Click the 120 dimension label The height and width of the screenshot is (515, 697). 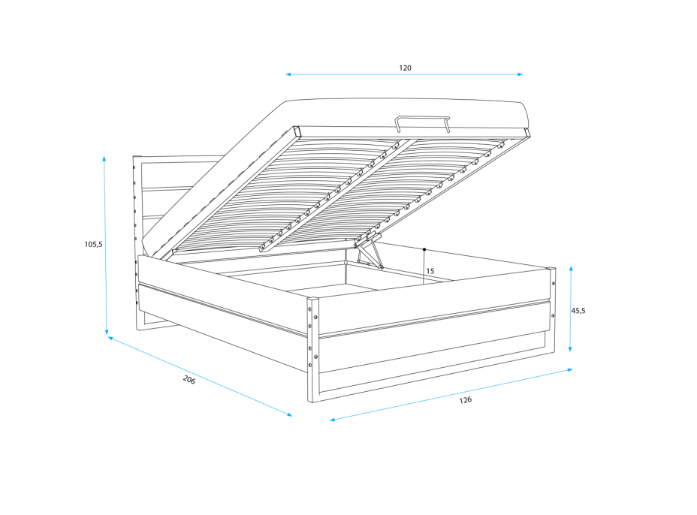[x=405, y=68]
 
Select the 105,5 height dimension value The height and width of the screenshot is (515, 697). [x=93, y=244]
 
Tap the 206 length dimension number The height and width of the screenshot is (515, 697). [x=189, y=380]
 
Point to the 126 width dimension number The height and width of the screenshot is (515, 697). [x=466, y=400]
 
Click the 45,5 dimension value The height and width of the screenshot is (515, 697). [x=578, y=310]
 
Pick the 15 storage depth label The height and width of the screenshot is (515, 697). [x=430, y=271]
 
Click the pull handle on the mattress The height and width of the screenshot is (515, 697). [x=423, y=122]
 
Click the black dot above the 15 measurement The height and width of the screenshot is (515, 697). [x=424, y=248]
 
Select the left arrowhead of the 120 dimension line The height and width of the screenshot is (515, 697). [x=288, y=74]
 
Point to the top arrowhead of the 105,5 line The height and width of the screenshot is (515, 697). [x=104, y=158]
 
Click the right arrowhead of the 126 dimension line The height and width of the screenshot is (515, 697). [x=570, y=369]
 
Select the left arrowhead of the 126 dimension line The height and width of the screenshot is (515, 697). [x=332, y=420]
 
